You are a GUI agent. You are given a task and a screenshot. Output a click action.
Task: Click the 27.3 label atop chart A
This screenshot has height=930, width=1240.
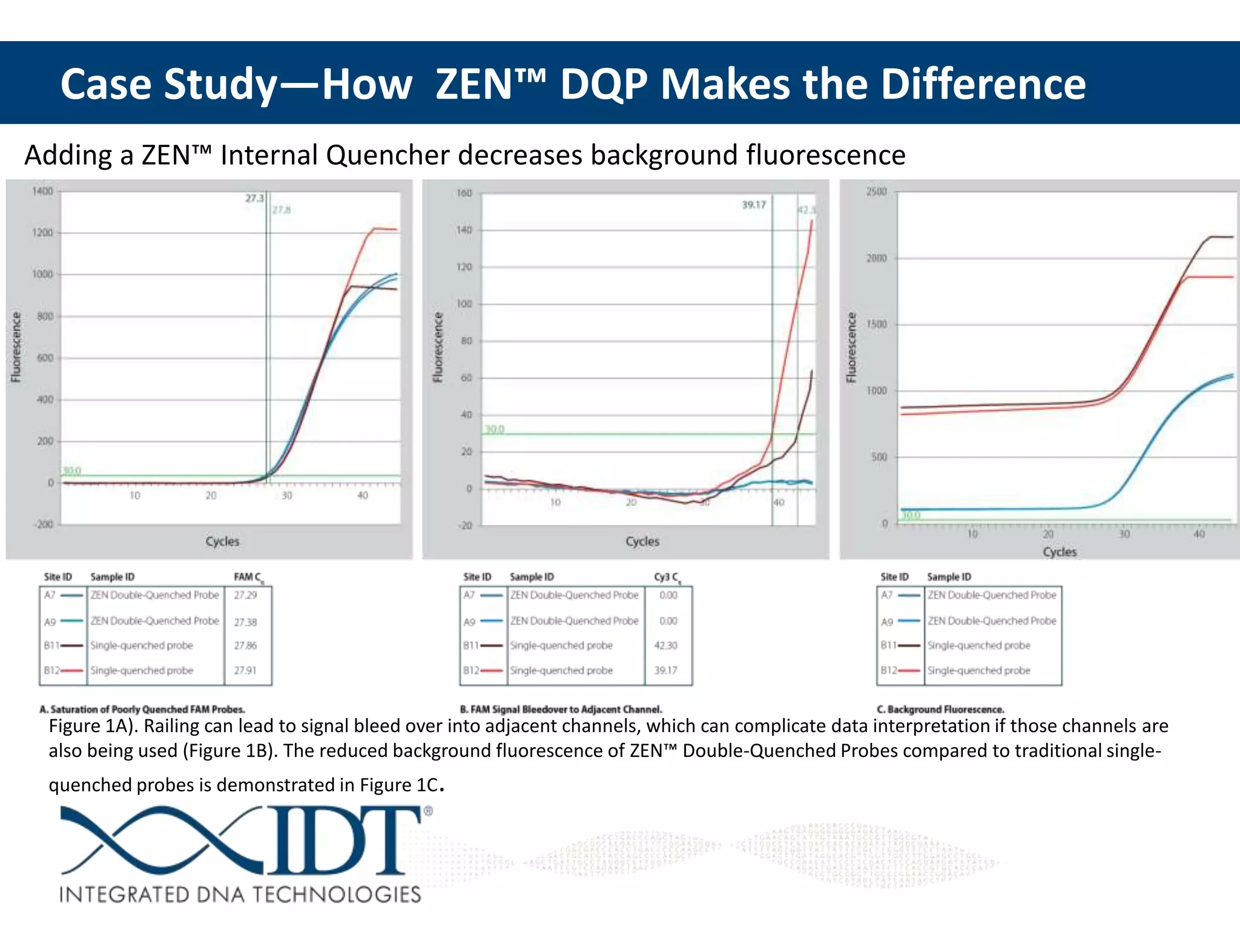254,198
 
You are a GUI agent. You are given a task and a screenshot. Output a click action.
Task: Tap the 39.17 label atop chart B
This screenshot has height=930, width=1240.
754,205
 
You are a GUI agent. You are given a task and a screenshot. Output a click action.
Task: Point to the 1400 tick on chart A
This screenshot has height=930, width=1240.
42,191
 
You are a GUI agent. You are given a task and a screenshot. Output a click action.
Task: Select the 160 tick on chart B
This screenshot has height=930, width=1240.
464,193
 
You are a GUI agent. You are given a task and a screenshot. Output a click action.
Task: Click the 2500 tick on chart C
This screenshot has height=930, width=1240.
876,192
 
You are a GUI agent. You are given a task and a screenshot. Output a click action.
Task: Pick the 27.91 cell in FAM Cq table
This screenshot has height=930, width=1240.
245,670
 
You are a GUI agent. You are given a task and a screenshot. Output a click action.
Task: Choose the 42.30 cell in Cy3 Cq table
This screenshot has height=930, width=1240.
665,645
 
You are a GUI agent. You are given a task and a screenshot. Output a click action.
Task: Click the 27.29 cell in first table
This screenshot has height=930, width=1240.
245,595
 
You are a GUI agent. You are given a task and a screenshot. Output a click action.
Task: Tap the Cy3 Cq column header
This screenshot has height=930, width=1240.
667,577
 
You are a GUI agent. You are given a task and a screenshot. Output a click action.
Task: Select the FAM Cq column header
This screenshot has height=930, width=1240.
248,577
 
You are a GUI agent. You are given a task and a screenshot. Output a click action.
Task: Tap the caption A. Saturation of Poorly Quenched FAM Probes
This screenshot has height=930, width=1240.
142,709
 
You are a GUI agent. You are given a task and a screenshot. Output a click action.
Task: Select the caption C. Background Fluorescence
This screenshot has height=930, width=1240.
940,709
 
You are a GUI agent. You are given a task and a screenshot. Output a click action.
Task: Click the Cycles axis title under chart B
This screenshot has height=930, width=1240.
642,541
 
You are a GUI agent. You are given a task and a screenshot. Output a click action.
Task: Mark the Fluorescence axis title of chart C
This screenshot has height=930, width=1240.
852,348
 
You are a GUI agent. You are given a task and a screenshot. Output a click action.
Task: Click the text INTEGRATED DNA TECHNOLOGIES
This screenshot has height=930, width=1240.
240,894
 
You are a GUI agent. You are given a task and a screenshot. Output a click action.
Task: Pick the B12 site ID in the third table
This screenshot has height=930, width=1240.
888,670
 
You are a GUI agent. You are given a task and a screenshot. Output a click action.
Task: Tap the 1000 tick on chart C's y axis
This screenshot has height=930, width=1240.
876,391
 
